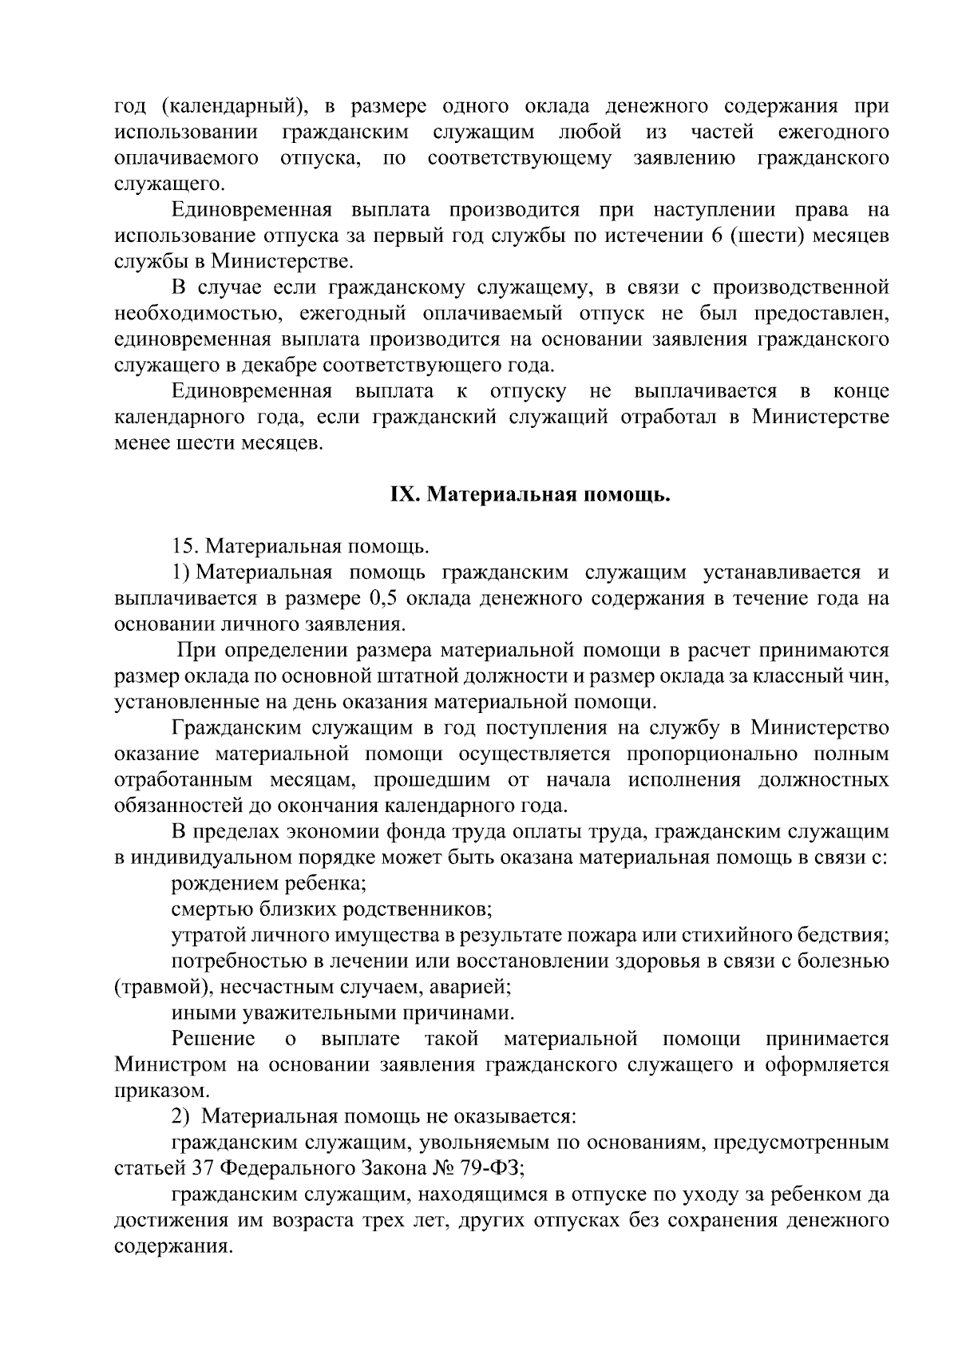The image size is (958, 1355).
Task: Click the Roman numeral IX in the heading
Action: [404, 495]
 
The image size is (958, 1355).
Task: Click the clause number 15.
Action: [184, 547]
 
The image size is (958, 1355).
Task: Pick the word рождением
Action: [220, 883]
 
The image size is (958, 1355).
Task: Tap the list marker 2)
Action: [181, 1116]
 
